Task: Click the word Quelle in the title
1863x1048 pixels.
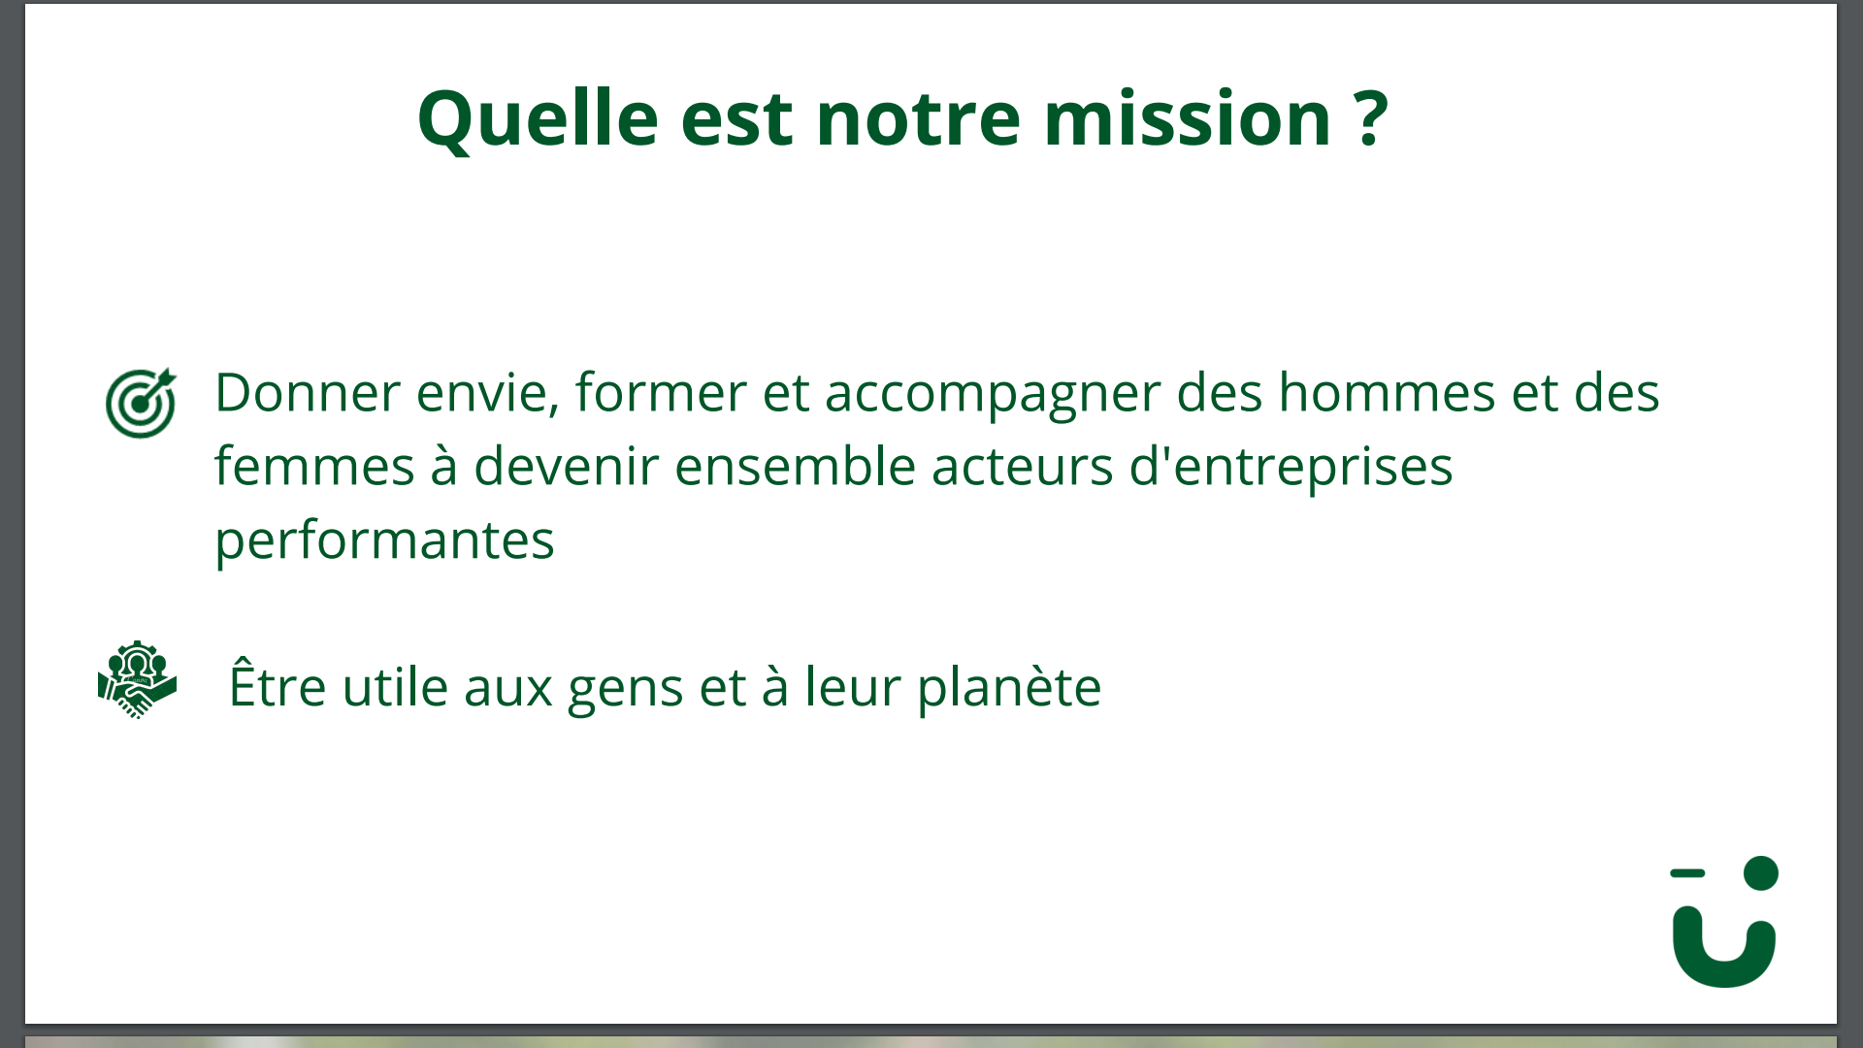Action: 539,119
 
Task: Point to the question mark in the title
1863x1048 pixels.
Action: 1371,117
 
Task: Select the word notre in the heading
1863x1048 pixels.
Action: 918,119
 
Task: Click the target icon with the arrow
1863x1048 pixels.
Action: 142,403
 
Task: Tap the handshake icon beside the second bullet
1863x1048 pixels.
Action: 137,680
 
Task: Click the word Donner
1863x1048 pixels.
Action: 308,392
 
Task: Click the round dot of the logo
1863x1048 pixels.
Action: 1761,873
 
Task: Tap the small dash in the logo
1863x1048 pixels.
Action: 1687,873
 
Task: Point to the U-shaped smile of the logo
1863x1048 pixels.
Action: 1724,966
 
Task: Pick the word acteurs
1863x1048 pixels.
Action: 1022,468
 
